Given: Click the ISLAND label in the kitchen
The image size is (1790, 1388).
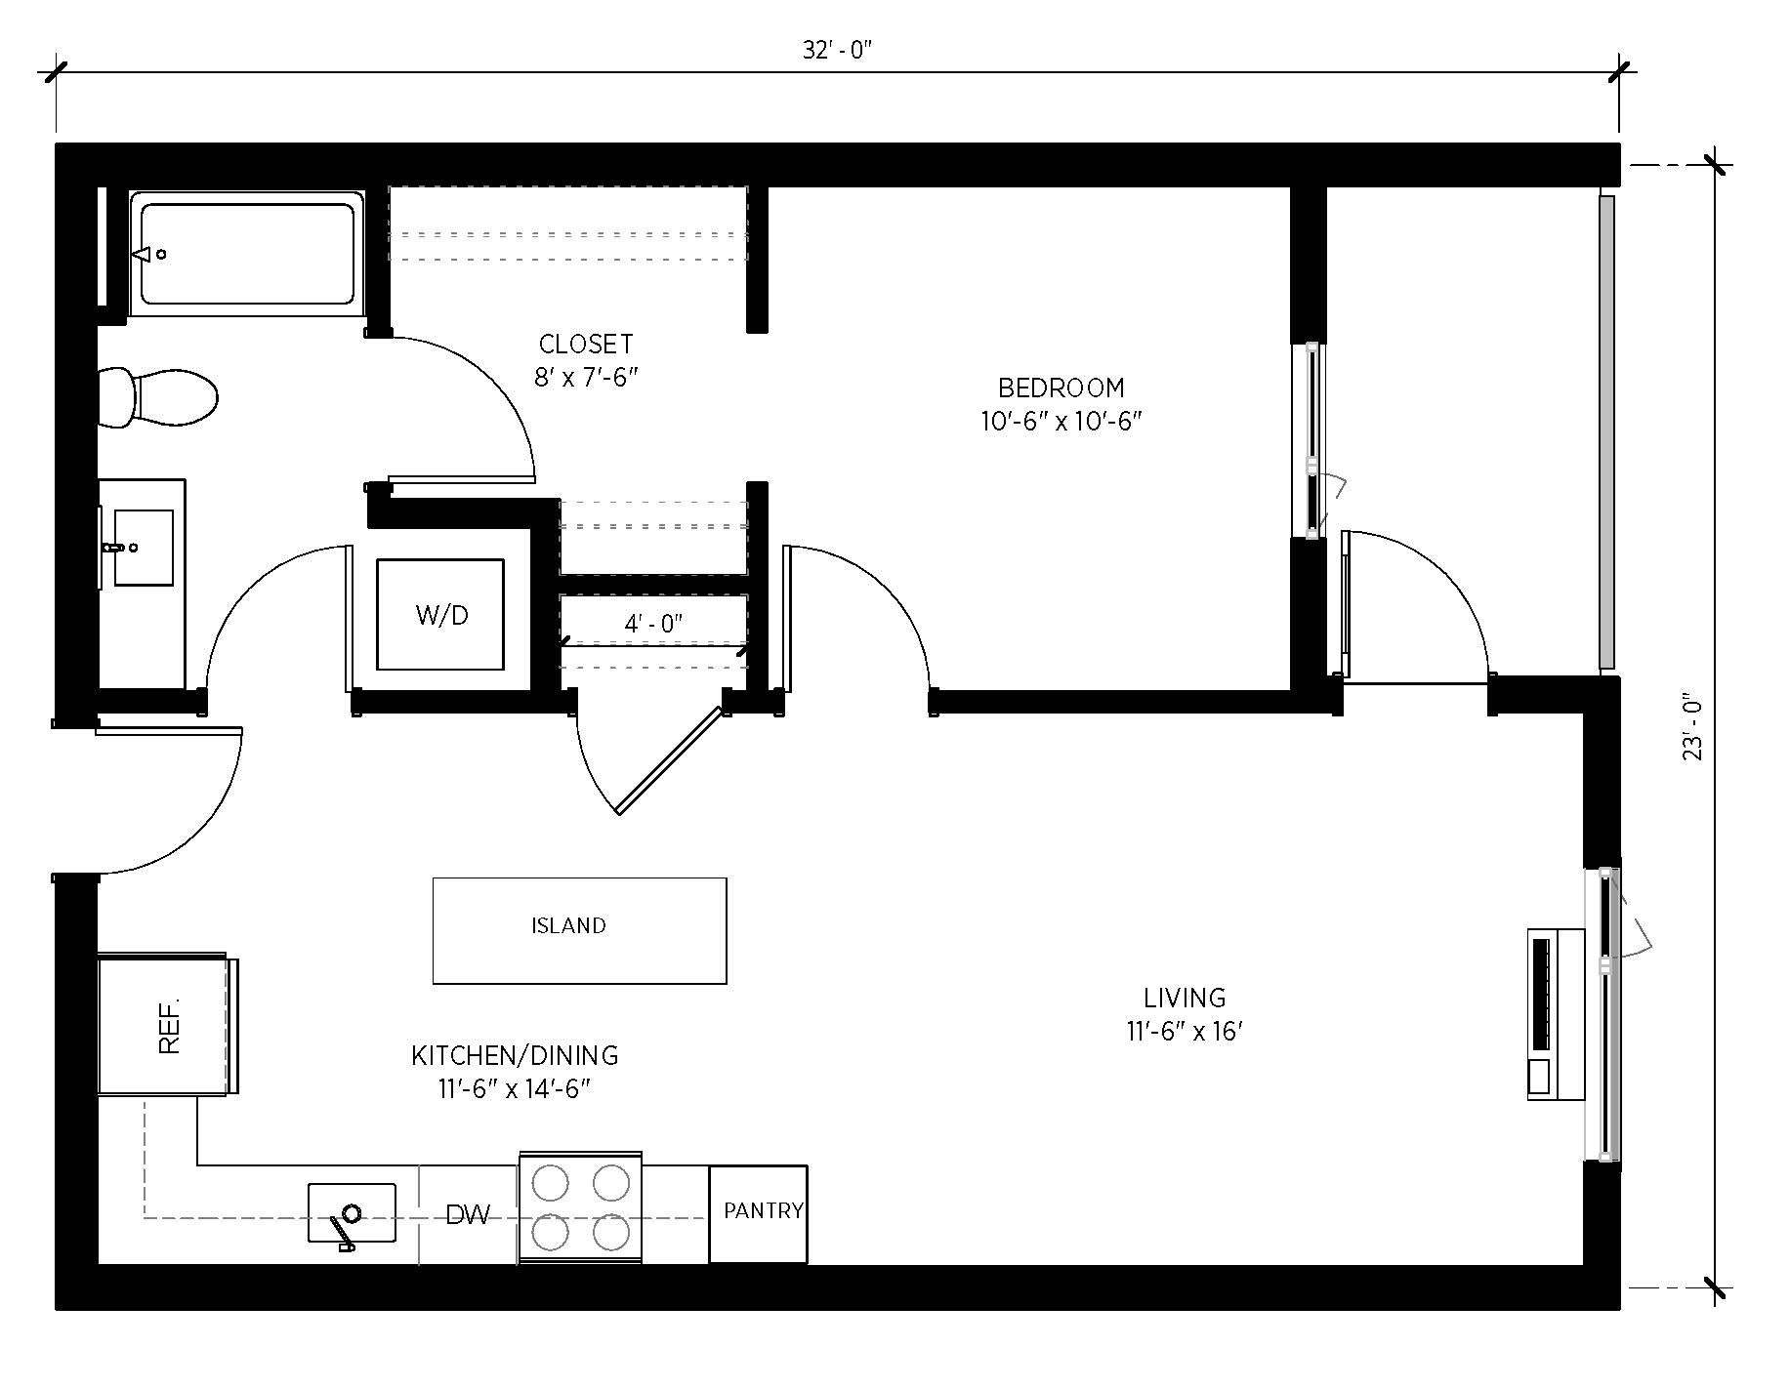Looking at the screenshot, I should (568, 925).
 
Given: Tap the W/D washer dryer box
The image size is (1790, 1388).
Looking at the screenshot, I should (441, 615).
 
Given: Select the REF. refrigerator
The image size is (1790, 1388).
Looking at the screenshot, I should (168, 1025).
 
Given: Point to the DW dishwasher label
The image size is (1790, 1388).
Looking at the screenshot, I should (468, 1215).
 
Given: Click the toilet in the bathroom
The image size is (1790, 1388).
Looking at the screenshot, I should (161, 397).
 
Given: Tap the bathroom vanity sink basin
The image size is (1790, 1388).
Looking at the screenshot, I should (144, 548).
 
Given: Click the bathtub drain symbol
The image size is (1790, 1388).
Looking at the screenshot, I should (161, 255).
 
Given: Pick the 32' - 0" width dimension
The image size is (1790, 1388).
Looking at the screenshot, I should (836, 51).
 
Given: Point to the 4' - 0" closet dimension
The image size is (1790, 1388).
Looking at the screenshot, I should (653, 624).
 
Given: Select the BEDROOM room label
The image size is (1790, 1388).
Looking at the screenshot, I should (1061, 388).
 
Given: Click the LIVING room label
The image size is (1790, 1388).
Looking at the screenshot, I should (1185, 998).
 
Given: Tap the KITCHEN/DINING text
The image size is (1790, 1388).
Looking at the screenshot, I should (515, 1055).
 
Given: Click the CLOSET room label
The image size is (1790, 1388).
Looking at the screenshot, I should (586, 344).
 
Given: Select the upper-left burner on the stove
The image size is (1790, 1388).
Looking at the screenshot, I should (551, 1183).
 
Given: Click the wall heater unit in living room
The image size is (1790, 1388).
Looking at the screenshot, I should (1555, 1014).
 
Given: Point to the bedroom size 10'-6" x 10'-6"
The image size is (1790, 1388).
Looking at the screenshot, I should (1061, 422).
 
